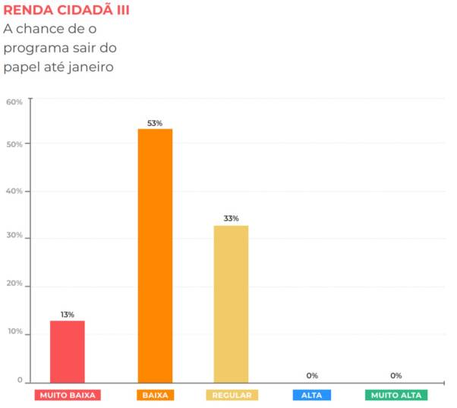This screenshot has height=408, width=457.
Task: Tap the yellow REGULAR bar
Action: click(231, 302)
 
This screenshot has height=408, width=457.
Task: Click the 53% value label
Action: click(155, 123)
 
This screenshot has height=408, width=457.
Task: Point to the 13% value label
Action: click(68, 315)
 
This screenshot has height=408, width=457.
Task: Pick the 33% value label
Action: click(231, 219)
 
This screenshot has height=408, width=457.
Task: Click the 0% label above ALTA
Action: click(312, 375)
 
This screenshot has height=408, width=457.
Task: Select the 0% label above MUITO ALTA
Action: click(396, 375)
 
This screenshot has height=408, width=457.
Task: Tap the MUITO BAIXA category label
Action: click(68, 395)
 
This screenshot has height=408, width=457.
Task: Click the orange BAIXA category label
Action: click(155, 395)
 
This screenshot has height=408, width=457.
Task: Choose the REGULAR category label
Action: click(232, 395)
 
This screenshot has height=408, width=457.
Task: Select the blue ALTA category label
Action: click(311, 395)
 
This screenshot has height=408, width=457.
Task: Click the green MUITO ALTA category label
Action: click(396, 395)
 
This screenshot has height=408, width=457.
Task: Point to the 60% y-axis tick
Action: click(14, 102)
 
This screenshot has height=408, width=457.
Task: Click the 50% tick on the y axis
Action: click(14, 144)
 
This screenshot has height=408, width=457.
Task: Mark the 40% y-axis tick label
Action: click(14, 191)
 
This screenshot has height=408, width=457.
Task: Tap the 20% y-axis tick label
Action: click(14, 286)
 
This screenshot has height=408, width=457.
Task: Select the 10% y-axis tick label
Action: click(14, 334)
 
